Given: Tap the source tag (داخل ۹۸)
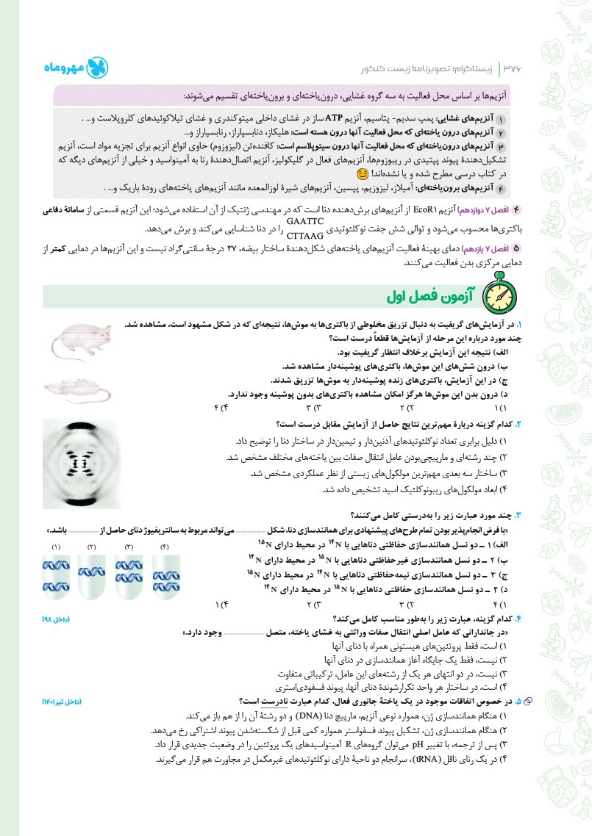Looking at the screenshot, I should coord(56,620).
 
